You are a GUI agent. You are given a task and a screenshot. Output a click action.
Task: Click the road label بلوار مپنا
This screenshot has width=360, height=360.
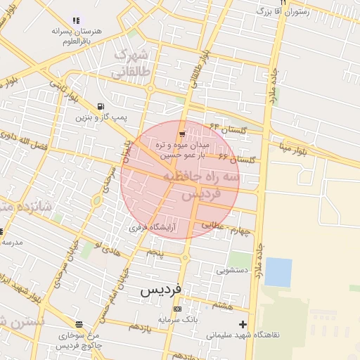click(290, 148)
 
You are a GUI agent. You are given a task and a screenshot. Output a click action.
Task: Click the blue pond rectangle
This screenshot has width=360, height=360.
click(278, 272)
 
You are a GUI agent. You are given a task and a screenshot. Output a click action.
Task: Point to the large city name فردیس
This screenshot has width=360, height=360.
click(161, 289)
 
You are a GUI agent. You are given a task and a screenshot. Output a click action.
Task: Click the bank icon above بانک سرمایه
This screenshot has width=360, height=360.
click(176, 309)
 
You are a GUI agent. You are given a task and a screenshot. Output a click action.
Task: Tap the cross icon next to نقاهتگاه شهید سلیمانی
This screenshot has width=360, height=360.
click(243, 324)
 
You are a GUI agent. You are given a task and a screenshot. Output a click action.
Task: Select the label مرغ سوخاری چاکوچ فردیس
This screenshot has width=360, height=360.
click(79, 341)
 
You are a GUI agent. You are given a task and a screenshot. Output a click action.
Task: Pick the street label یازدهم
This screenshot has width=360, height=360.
click(139, 327)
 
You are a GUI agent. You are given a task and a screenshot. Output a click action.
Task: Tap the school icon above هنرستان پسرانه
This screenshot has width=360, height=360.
click(77, 20)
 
